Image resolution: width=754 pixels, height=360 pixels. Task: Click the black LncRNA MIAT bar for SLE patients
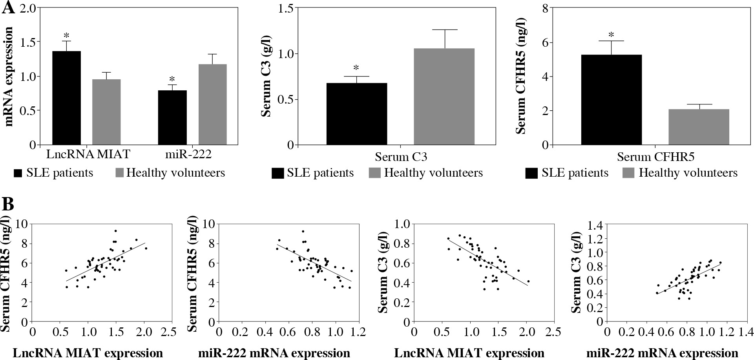(x=66, y=98)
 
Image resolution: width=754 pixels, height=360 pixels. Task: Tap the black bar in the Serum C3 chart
(x=356, y=114)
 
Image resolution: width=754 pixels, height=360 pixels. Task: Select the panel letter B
(x=9, y=205)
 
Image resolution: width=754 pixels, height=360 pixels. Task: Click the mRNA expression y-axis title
(x=9, y=77)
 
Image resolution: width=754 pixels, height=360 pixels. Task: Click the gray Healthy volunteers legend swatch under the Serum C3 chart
(x=375, y=173)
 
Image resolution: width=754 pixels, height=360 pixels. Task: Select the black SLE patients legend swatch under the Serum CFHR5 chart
(x=531, y=173)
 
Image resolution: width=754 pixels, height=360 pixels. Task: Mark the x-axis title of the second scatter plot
(x=274, y=353)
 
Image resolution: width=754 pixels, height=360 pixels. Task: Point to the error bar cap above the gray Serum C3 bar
(x=445, y=30)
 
